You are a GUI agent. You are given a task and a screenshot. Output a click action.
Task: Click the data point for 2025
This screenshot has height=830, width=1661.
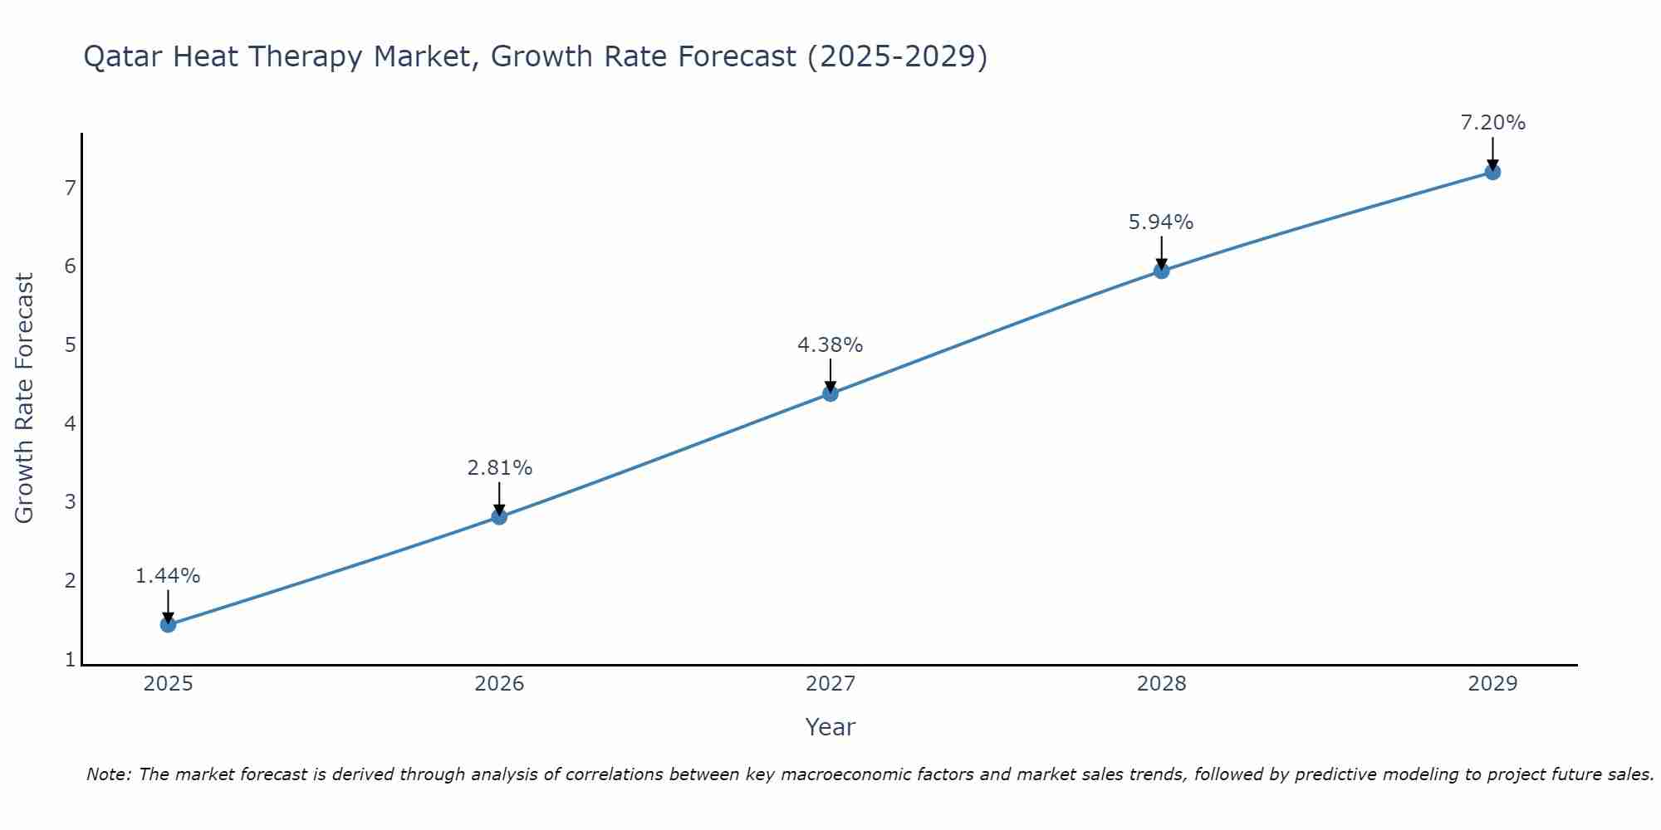point(168,624)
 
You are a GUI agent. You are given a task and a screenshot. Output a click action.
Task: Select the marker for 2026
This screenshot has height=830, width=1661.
point(499,516)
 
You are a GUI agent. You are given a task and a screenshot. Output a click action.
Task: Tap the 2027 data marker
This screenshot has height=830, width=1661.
point(830,393)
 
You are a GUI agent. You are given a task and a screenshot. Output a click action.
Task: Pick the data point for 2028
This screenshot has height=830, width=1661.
point(1161,271)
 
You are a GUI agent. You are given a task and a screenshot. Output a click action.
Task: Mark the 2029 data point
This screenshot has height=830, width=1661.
point(1492,172)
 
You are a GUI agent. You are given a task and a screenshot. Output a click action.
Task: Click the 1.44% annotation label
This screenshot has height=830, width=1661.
point(168,576)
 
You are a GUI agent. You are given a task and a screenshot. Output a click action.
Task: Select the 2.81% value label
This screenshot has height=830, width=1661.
point(499,468)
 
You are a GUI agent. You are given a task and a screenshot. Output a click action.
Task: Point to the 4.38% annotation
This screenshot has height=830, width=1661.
point(830,345)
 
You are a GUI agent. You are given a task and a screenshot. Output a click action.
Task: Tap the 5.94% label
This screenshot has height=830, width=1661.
point(1161,222)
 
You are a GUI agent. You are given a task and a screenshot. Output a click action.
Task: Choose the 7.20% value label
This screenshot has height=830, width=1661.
point(1492,123)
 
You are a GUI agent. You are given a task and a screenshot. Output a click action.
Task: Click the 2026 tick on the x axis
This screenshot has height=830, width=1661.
point(499,684)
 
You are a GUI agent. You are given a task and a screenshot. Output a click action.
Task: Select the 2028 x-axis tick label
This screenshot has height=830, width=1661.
point(1161,684)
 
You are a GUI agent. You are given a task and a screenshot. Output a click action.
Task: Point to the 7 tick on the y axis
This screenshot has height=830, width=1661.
point(70,188)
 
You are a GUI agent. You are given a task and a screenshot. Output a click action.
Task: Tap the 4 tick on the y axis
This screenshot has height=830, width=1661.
point(70,423)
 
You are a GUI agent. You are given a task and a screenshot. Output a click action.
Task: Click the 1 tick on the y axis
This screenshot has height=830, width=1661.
point(70,660)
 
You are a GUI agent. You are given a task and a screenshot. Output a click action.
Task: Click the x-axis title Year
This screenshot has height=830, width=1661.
point(830,727)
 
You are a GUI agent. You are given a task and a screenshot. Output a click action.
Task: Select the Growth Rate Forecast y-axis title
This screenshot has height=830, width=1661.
point(25,398)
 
